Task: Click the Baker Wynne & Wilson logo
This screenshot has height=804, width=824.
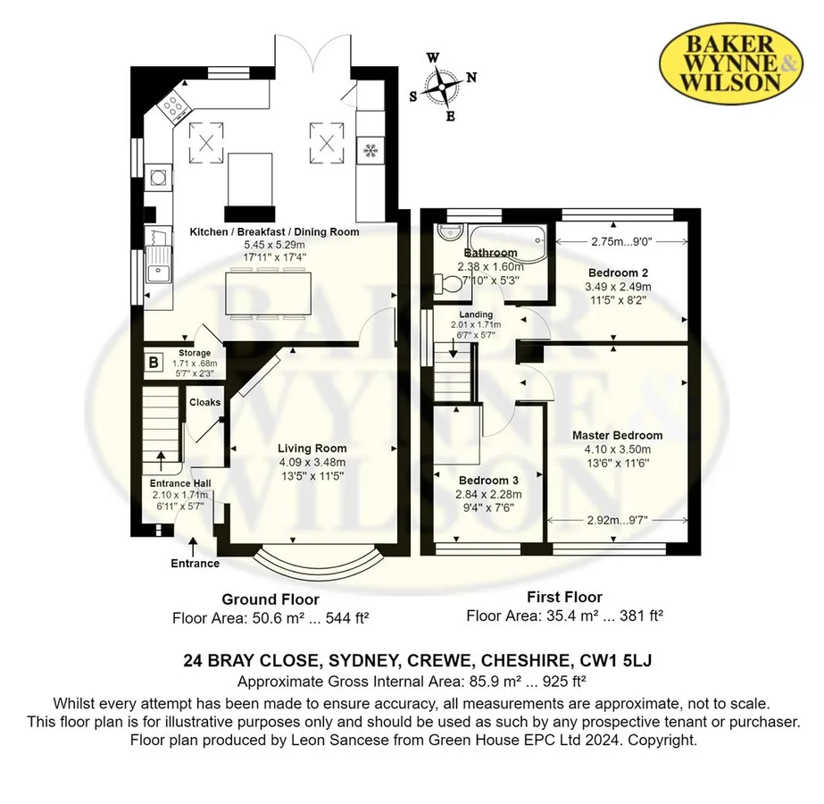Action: tap(730, 63)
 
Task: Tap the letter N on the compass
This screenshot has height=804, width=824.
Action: tap(471, 78)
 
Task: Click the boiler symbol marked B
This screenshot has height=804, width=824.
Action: tap(154, 363)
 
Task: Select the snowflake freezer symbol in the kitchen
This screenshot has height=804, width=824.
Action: tap(370, 151)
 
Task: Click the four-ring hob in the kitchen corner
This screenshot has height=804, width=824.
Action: tap(174, 106)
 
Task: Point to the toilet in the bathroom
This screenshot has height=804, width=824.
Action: tap(447, 284)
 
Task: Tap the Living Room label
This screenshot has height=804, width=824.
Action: tap(312, 448)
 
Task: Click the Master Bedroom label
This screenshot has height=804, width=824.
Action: tap(617, 435)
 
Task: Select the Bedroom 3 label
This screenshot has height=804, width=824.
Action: tap(488, 481)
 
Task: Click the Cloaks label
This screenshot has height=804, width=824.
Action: tap(205, 402)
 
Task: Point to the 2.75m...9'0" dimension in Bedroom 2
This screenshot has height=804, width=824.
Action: tap(621, 241)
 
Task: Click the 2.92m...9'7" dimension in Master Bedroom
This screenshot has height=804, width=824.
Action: tap(617, 520)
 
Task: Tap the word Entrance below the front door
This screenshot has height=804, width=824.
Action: tap(195, 564)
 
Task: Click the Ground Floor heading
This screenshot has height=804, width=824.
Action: tap(271, 599)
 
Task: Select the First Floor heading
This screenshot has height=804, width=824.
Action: tap(564, 598)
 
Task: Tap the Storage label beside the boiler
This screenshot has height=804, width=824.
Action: tap(195, 354)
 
